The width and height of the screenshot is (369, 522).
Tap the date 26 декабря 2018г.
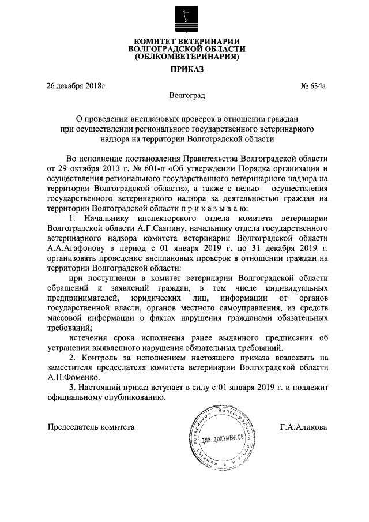coord(77,87)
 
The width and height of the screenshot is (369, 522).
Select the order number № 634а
coord(313,87)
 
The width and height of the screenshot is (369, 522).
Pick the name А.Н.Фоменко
coord(70,376)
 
